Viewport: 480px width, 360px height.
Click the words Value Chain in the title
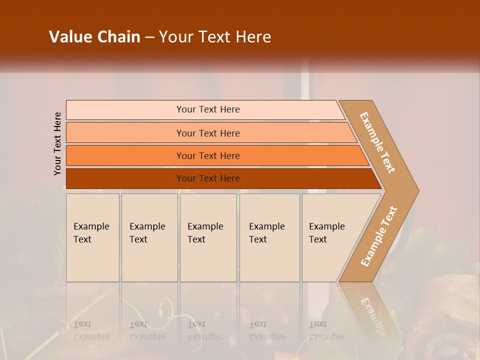point(94,37)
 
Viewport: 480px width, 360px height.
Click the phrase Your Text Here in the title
point(215,37)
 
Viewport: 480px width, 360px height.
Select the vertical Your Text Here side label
point(57,143)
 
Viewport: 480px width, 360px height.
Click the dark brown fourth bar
point(125,178)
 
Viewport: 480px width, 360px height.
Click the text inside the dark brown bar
point(208,178)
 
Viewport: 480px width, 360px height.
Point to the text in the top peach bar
point(208,109)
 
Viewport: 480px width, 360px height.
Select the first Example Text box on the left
point(92,237)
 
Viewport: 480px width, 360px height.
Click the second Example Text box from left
point(149,237)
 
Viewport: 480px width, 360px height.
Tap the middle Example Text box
point(208,237)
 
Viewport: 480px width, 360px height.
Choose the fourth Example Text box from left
point(269,237)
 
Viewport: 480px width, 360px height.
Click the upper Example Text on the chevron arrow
point(378,142)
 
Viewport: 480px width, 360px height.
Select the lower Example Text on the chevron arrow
point(379,236)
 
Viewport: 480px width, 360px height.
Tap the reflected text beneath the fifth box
point(326,330)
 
